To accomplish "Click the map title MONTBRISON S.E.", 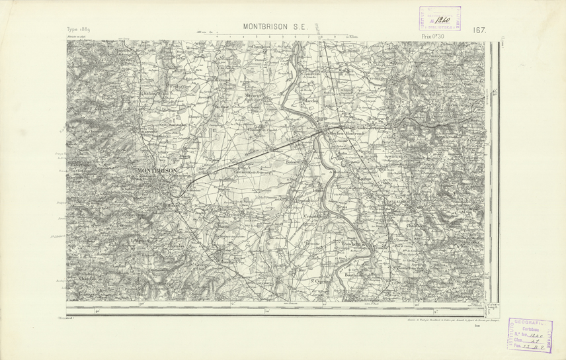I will coord(276,28).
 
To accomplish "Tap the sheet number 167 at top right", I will coord(479,30).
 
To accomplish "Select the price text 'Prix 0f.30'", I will coord(433,36).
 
